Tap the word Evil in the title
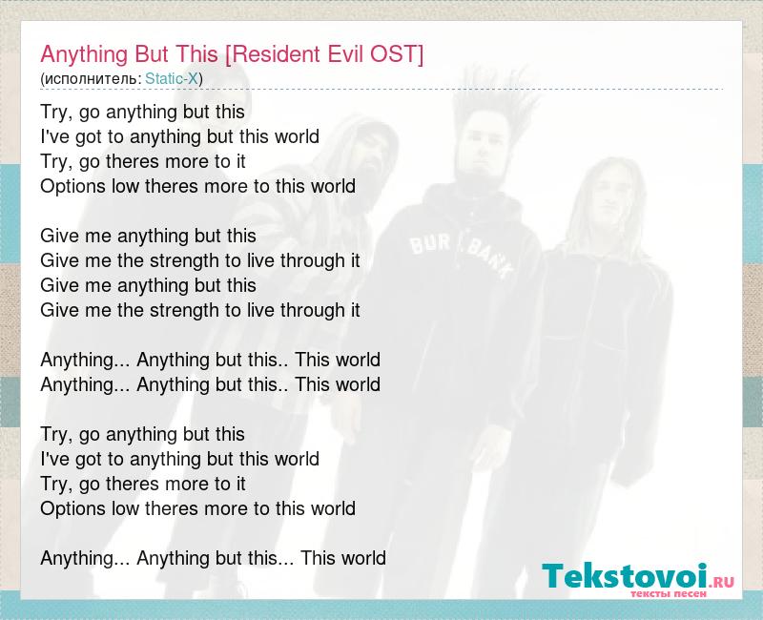[346, 53]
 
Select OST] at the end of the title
[397, 54]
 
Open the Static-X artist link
[172, 78]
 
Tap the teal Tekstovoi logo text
[625, 575]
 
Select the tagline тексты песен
[669, 593]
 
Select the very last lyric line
[213, 558]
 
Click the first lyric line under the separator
[142, 113]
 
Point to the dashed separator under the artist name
[382, 90]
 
